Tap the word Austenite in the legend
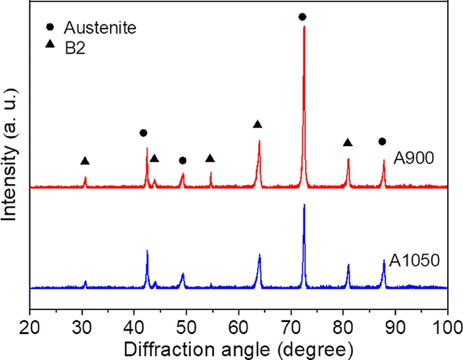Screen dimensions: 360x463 click(x=100, y=28)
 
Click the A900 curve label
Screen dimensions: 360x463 click(x=414, y=159)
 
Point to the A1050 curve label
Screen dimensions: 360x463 click(x=415, y=260)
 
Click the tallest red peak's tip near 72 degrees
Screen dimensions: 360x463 click(x=304, y=27)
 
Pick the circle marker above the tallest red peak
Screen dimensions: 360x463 click(x=302, y=17)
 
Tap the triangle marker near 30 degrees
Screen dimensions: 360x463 click(x=85, y=161)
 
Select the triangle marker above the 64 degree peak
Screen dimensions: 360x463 click(x=257, y=124)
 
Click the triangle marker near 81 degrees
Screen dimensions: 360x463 click(x=348, y=142)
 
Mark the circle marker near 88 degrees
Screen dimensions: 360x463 click(x=382, y=141)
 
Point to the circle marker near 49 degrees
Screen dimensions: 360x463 click(x=183, y=160)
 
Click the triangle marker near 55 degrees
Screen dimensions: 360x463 click(x=210, y=159)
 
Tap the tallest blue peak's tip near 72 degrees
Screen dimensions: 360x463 click(x=304, y=205)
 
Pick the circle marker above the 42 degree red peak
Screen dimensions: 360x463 click(x=143, y=133)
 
